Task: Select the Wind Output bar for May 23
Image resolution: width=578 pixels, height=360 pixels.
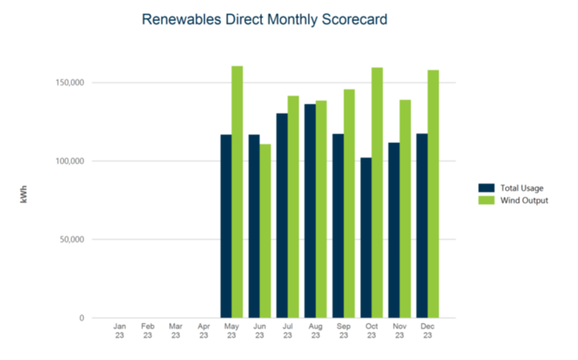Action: click(x=237, y=192)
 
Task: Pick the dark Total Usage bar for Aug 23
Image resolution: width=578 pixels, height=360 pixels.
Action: click(x=310, y=210)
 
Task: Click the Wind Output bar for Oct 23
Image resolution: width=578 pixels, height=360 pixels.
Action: click(x=377, y=193)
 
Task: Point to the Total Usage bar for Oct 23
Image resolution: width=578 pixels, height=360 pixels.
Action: click(x=366, y=237)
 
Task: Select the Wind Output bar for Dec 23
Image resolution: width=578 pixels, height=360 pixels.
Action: click(x=433, y=194)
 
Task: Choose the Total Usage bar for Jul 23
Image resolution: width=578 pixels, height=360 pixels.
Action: click(x=282, y=215)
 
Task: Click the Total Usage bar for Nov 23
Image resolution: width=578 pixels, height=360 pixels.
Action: click(x=394, y=229)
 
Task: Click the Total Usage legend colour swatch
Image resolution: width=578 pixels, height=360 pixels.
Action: click(x=486, y=188)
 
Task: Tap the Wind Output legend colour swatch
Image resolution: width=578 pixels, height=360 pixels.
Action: click(x=486, y=201)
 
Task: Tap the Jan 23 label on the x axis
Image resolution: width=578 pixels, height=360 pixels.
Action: click(x=120, y=330)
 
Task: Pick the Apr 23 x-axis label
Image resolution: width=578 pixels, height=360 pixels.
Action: click(x=204, y=330)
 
